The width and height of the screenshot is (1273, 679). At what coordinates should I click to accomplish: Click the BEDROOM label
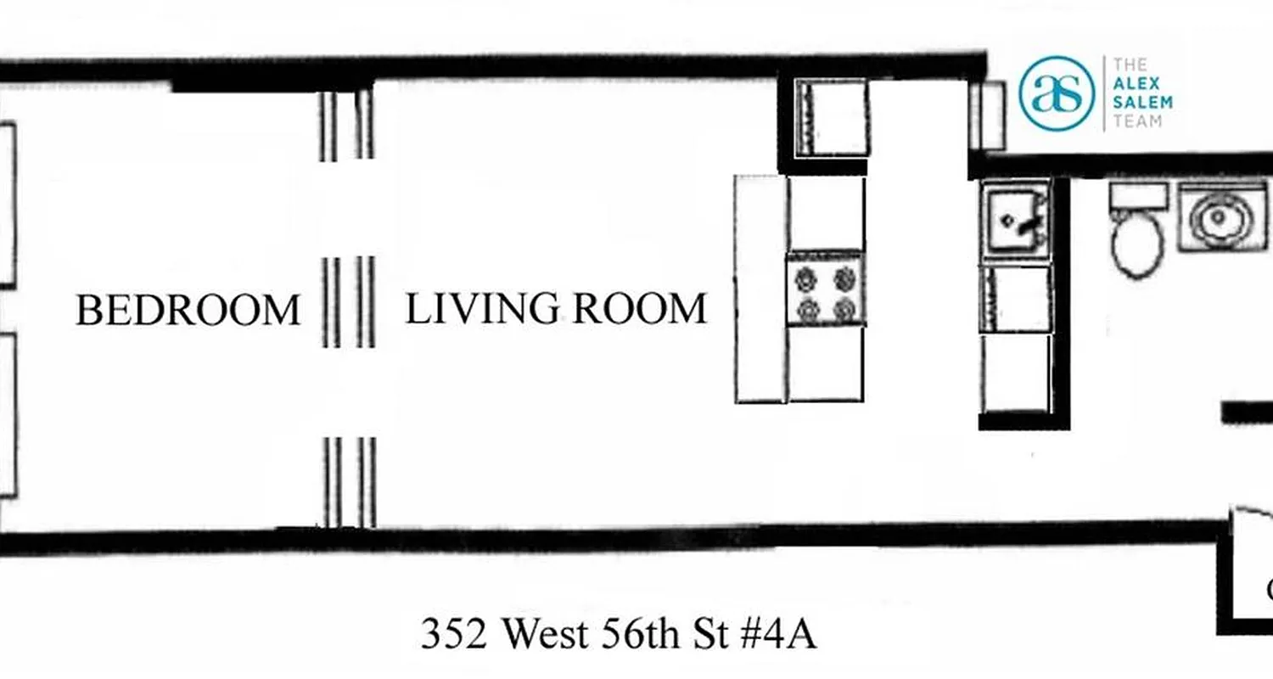188,311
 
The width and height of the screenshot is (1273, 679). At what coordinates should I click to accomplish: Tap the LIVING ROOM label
556,308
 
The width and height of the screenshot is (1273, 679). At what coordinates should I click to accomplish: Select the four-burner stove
825,289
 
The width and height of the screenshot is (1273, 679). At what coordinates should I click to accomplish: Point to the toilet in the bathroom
1138,242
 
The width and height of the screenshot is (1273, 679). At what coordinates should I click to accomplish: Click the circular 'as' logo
1057,93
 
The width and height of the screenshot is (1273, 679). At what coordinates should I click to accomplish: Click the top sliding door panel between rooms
346,124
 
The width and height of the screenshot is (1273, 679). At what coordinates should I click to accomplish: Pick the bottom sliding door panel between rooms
349,481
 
